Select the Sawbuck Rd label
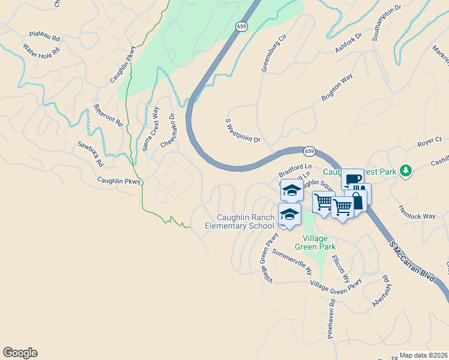tap(90, 154)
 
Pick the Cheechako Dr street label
tap(167, 131)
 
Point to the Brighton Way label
tap(337, 89)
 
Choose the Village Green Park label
tap(315, 242)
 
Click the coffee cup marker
tap(353, 179)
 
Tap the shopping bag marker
tap(356, 202)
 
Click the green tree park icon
tap(406, 170)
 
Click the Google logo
tap(20, 353)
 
